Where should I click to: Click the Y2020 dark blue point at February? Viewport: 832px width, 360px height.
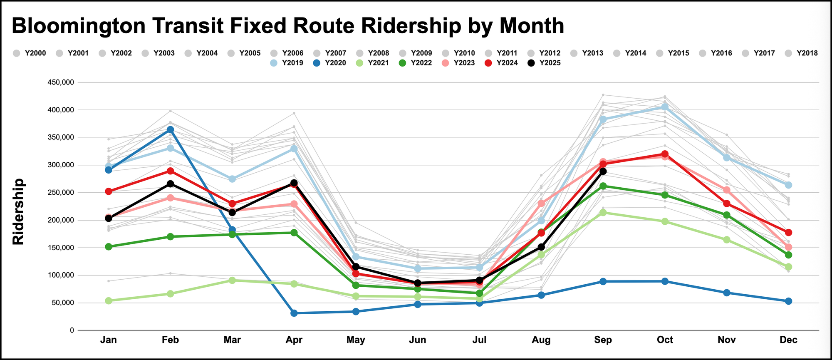170,130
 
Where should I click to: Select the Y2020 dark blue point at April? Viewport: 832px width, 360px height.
294,313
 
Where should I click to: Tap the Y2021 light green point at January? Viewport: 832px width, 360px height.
109,300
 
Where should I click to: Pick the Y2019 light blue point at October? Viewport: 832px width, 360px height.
665,107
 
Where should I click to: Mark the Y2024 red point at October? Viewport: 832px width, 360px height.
665,154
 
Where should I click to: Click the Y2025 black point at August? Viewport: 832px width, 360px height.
541,247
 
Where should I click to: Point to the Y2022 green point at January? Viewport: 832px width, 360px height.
109,247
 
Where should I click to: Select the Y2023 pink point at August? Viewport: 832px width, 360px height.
541,203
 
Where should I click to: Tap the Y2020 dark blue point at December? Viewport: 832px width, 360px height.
788,301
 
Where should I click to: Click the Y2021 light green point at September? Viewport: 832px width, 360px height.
603,213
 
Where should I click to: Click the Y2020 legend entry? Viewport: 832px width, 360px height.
330,63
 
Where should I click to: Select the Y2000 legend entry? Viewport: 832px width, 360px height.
30,53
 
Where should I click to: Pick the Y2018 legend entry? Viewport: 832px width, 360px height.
802,53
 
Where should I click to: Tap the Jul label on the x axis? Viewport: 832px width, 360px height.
479,340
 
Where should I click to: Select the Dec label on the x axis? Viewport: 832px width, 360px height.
788,340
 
